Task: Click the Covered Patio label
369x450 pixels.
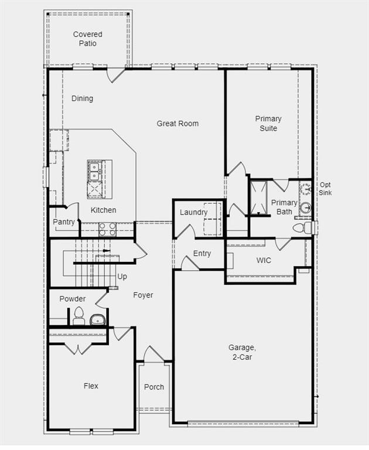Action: pos(88,39)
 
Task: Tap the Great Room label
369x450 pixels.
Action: pos(177,124)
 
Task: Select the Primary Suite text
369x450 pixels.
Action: pos(268,124)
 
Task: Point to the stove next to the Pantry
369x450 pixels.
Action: pos(107,229)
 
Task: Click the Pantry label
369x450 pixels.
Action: pos(64,222)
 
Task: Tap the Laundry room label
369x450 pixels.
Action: pos(193,212)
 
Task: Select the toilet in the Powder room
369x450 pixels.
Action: pos(79,316)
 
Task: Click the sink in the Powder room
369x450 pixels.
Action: pos(97,319)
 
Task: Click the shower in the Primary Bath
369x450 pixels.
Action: pos(258,197)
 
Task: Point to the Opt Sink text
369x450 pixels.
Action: pos(325,189)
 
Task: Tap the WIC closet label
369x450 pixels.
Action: pos(264,260)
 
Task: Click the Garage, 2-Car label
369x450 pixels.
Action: pos(242,352)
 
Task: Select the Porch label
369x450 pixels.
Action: pos(154,387)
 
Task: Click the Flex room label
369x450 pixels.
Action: pos(91,386)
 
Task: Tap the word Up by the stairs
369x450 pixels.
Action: pos(122,277)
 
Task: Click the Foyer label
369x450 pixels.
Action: pos(143,295)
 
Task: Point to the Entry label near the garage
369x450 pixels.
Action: pos(202,254)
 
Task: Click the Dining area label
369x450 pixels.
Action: pos(82,98)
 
